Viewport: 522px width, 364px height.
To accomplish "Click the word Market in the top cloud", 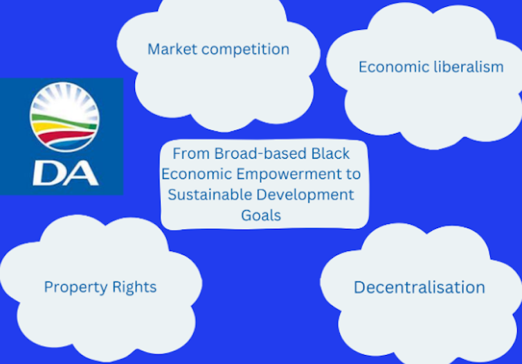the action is tap(172, 49).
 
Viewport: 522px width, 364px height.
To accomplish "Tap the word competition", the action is tap(245, 50).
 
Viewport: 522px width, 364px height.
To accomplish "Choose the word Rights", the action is tap(134, 287).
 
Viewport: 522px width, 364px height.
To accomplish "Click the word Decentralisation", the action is tap(419, 287).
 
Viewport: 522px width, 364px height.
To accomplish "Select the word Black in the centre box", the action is tap(330, 154).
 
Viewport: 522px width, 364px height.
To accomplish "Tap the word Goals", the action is tap(261, 216).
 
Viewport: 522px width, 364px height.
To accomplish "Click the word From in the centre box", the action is tap(191, 154).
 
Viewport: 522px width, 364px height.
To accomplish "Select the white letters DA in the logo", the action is tap(66, 173).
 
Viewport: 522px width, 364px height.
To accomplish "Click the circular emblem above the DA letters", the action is tap(64, 116).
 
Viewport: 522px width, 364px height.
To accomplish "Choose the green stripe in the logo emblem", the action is tap(63, 120).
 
